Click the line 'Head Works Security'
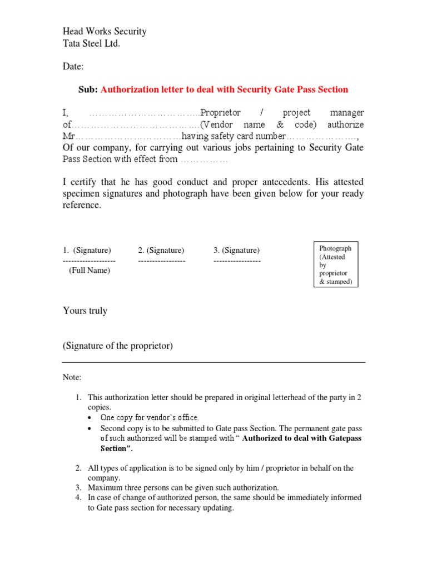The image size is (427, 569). pos(105,32)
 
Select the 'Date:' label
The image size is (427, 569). pos(73,67)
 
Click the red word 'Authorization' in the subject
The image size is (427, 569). pos(127,89)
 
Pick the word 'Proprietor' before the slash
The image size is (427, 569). pos(220,113)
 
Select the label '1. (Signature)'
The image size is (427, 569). pos(87,251)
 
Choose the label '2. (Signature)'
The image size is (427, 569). pos(161,251)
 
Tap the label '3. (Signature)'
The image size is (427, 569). pos(236,251)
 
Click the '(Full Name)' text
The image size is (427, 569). pos(90,271)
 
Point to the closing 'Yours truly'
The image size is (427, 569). pos(85,311)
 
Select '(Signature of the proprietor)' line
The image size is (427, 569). pos(118,346)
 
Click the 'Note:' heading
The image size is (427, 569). pos(72,378)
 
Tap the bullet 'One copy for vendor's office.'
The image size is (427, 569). pos(149,417)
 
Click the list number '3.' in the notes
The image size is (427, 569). pos(79,488)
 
